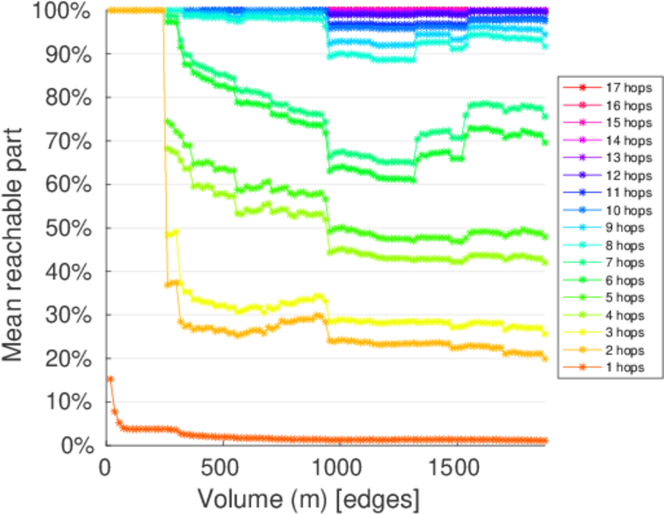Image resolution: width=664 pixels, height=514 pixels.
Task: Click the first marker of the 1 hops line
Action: [110, 379]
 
